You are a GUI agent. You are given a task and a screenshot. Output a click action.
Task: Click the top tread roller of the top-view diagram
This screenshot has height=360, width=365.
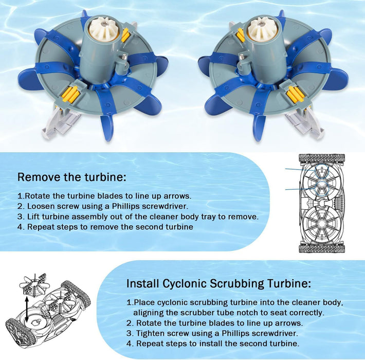tap(322, 159)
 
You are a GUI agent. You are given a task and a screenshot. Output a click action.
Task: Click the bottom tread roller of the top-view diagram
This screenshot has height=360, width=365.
tap(322, 248)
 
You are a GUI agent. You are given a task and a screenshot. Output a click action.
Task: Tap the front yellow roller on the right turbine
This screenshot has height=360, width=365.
tap(295, 95)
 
